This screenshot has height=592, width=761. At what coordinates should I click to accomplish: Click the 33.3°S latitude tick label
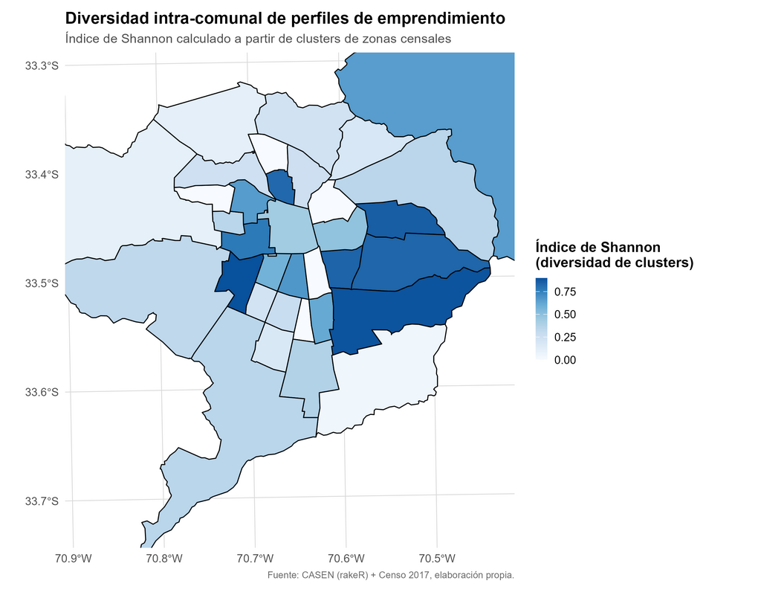coord(42,66)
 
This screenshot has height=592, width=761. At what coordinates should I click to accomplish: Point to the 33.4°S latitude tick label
coord(42,175)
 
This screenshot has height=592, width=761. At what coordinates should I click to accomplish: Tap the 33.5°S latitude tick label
coord(42,283)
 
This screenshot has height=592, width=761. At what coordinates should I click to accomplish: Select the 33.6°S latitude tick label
coord(42,392)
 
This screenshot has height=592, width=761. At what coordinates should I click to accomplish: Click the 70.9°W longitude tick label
coord(73,559)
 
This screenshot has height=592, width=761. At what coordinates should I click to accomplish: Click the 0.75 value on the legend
coord(564,292)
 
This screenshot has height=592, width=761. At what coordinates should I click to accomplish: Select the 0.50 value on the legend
coord(564,315)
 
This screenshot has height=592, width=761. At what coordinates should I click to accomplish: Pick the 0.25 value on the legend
coord(564,338)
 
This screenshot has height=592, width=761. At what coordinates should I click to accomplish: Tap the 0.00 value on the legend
coord(564,360)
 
